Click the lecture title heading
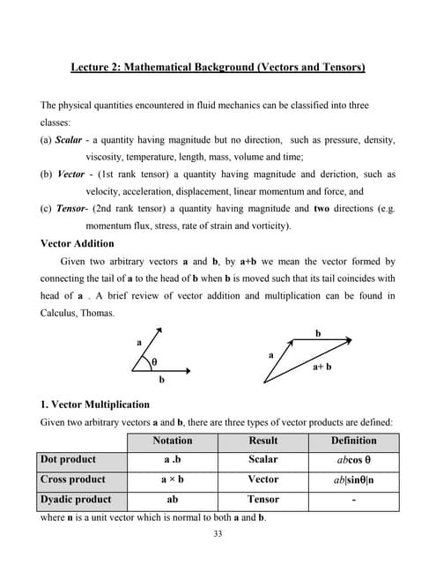(218, 68)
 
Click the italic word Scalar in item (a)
(69, 140)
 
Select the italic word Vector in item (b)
(70, 174)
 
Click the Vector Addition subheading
(78, 243)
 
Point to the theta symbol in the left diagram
(154, 361)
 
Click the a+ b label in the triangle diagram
(321, 367)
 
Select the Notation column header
(173, 441)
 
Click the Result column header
(262, 441)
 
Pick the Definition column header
(353, 441)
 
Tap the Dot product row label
(68, 460)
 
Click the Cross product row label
(72, 479)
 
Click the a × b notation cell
(173, 479)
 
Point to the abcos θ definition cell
(353, 460)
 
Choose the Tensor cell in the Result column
(262, 499)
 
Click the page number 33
(218, 534)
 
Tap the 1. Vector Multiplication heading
(95, 404)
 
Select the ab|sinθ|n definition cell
(353, 480)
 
